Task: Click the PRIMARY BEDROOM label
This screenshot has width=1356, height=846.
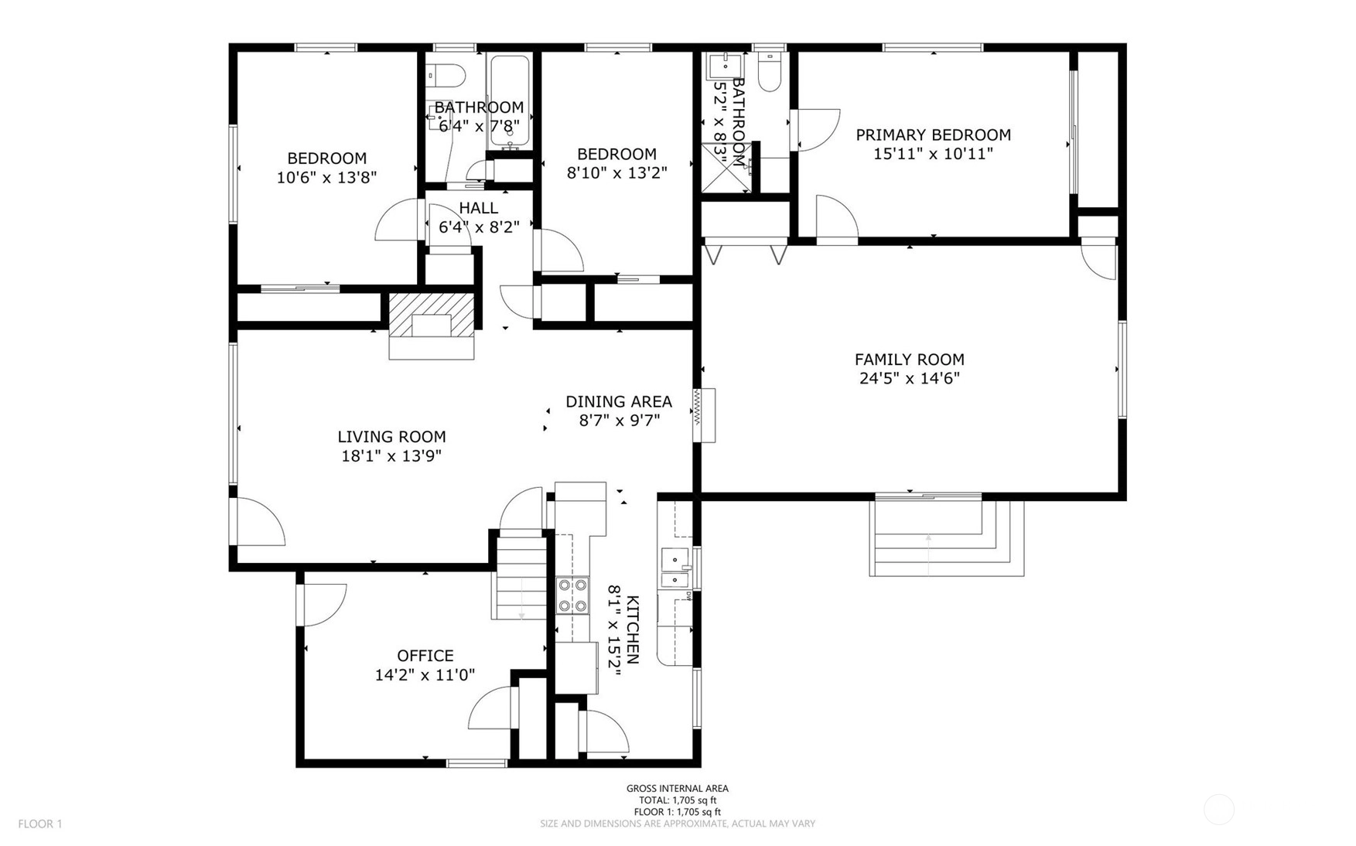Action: point(933,135)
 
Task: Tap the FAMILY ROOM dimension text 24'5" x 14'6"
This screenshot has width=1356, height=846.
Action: point(909,378)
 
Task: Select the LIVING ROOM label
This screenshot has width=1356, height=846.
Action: point(391,437)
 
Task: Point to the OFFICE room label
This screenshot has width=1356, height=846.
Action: point(425,656)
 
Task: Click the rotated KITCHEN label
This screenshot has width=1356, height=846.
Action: point(633,629)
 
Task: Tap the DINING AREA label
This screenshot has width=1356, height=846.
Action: point(619,401)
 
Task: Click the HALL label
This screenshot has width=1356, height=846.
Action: point(479,208)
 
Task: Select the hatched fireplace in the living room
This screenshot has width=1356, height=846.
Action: point(431,315)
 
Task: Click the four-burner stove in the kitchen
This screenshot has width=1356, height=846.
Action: point(573,595)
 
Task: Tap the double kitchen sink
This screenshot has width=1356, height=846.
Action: point(675,568)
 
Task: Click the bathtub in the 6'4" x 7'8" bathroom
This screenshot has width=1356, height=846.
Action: point(510,103)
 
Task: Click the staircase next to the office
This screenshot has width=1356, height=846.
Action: point(521,577)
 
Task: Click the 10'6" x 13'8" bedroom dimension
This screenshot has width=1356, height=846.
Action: point(326,177)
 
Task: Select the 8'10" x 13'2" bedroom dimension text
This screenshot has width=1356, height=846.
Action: point(617,172)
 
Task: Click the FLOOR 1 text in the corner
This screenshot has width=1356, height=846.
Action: point(40,824)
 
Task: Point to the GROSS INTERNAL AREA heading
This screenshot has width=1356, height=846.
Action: point(678,789)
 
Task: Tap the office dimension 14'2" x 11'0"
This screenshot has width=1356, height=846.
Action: point(425,675)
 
